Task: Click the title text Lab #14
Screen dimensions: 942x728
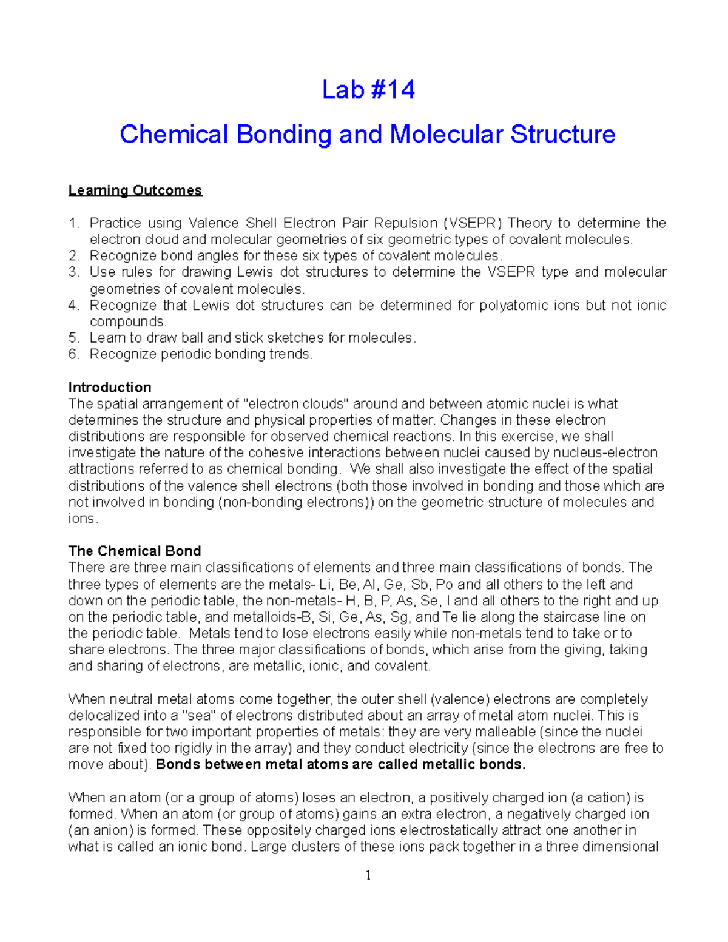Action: tap(368, 90)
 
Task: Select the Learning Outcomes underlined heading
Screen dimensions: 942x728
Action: tap(135, 190)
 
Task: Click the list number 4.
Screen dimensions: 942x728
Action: tap(74, 305)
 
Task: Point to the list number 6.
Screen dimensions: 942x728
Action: tap(74, 354)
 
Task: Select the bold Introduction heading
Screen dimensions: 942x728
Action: tap(110, 387)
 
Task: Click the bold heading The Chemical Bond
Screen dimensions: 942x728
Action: tap(135, 551)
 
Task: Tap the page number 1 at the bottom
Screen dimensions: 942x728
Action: tap(368, 875)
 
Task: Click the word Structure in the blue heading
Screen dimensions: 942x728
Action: tap(563, 134)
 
